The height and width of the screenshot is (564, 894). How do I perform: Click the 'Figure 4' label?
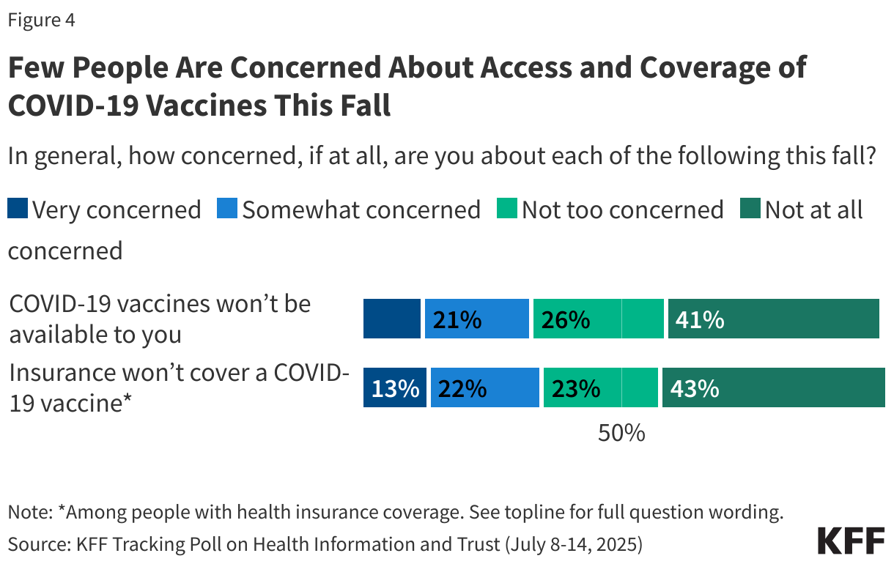pyautogui.click(x=42, y=21)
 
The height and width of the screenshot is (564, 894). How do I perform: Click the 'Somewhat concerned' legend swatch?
pyautogui.click(x=227, y=210)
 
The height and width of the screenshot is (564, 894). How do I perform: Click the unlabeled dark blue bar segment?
pyautogui.click(x=392, y=319)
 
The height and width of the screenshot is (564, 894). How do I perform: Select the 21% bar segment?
pyautogui.click(x=476, y=319)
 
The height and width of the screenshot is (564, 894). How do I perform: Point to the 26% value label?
pyautogui.click(x=565, y=320)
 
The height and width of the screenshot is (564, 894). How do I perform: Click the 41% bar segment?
pyautogui.click(x=773, y=319)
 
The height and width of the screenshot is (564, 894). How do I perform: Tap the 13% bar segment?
pyautogui.click(x=395, y=388)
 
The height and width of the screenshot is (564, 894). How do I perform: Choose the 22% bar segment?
pyautogui.click(x=484, y=388)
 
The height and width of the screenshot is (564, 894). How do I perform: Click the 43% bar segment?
pyautogui.click(x=773, y=388)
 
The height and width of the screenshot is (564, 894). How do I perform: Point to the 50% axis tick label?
pyautogui.click(x=621, y=434)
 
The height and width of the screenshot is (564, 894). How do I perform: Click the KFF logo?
pyautogui.click(x=851, y=541)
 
